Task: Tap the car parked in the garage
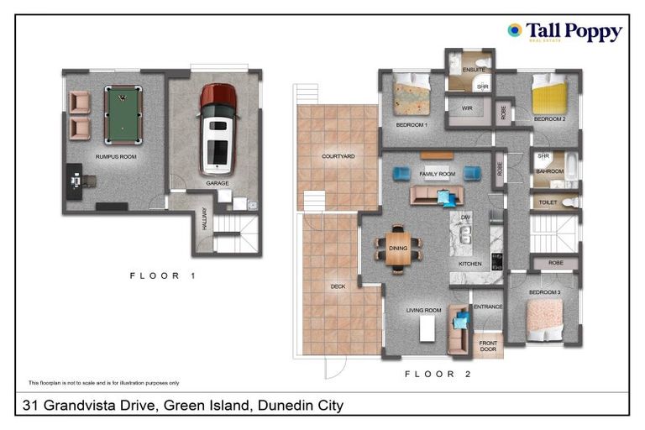tap(218, 128)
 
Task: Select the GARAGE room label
tap(218, 182)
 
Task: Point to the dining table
tap(399, 248)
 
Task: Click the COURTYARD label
tap(338, 156)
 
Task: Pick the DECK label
tap(338, 286)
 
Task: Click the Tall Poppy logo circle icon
tap(514, 30)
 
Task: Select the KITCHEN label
tap(469, 264)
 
